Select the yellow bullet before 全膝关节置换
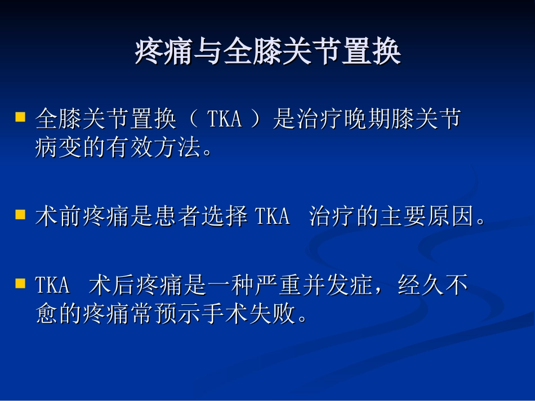[20, 117]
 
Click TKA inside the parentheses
[224, 119]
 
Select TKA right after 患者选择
[273, 216]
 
